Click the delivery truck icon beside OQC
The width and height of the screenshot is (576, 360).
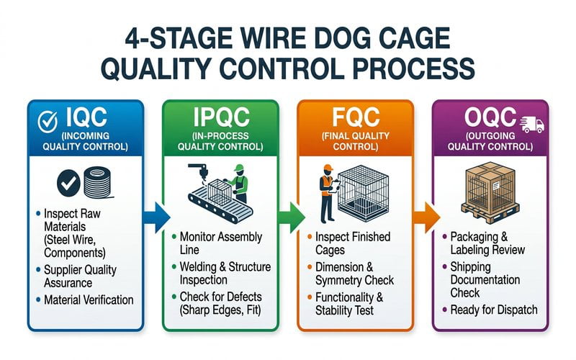531,124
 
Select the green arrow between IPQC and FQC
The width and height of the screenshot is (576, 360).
288,216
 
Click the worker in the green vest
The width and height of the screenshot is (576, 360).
239,183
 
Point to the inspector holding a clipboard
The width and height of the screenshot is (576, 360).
326,192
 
